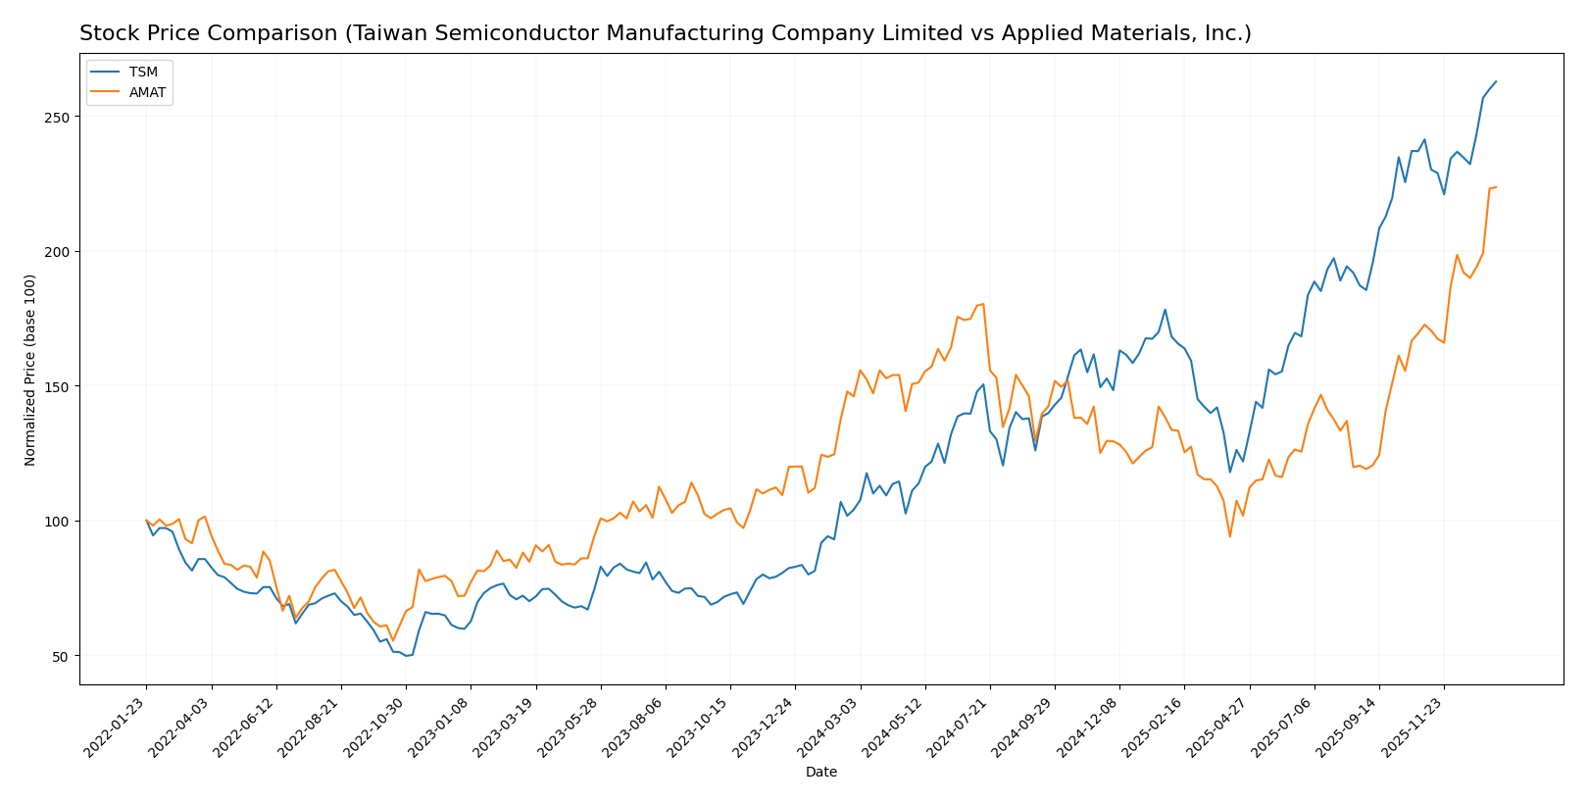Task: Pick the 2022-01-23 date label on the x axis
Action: (115, 727)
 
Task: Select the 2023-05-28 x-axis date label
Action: (569, 727)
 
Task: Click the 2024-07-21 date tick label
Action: (958, 727)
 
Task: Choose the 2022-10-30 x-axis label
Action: (373, 727)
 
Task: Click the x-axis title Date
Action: (820, 773)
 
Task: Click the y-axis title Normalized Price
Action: (30, 370)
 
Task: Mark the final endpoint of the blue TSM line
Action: (1496, 81)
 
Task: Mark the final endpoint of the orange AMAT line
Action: (1496, 187)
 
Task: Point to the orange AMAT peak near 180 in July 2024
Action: (983, 304)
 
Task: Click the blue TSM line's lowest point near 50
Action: (406, 655)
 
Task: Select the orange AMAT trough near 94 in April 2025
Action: (1229, 536)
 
